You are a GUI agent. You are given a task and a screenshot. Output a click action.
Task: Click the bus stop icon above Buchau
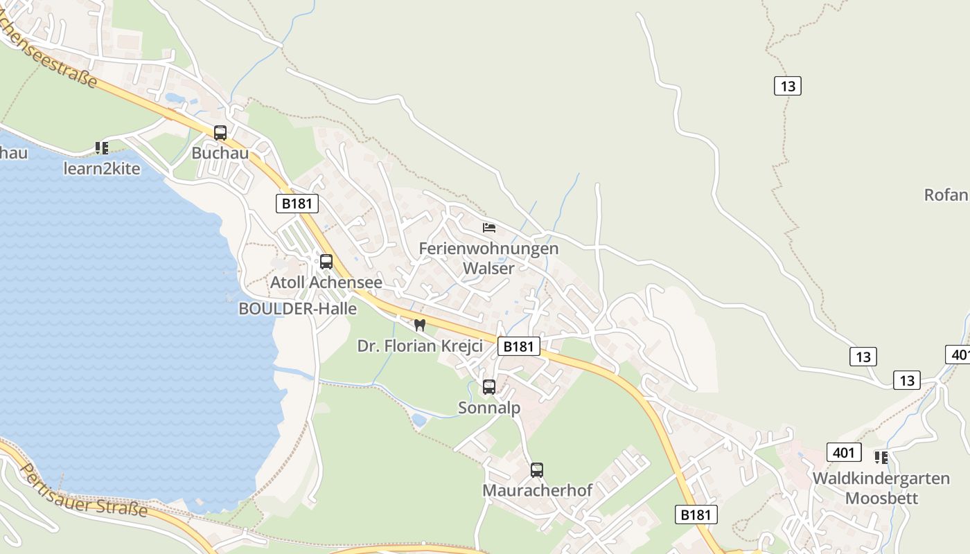point(220,132)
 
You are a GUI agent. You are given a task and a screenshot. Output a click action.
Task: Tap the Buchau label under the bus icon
point(220,153)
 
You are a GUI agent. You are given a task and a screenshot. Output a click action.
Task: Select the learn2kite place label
point(102,168)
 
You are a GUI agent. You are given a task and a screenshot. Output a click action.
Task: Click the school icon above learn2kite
point(102,148)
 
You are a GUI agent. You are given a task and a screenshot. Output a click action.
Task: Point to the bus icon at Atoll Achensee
point(326,262)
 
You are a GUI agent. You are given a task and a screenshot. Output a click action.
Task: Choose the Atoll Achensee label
point(326,283)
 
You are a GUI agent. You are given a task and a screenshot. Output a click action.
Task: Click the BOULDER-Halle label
point(297,309)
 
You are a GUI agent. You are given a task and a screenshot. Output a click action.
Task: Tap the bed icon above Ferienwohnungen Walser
point(489,227)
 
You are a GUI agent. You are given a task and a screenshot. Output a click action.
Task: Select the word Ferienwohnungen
point(488,248)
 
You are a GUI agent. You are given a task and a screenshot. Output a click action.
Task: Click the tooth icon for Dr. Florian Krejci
point(419,325)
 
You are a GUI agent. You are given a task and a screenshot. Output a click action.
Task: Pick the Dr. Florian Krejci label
point(420,346)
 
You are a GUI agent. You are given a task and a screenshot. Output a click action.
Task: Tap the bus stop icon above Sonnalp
point(489,387)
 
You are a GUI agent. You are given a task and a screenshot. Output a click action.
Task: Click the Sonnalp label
point(489,408)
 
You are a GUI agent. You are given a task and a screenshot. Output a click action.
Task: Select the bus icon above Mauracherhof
point(537,470)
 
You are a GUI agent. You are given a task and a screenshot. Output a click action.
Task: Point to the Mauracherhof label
point(537,490)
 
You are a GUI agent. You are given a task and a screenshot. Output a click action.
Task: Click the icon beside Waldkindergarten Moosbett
point(881,457)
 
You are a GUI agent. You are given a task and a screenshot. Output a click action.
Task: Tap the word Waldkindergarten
point(881,479)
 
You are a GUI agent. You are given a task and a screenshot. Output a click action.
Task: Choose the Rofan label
point(946,195)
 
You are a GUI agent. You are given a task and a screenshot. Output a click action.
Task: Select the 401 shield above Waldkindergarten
point(843,453)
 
